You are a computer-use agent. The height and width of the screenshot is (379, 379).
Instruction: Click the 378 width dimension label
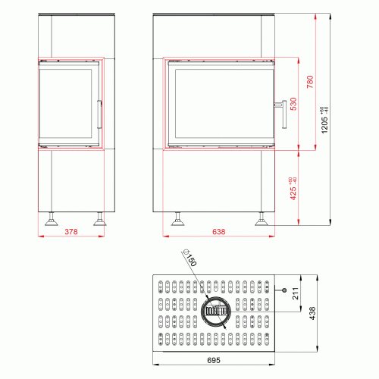click(x=71, y=232)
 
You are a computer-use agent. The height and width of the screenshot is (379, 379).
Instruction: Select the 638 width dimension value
click(x=218, y=232)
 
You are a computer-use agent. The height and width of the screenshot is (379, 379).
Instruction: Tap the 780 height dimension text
click(x=310, y=82)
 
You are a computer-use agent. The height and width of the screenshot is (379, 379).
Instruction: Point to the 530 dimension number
click(x=293, y=104)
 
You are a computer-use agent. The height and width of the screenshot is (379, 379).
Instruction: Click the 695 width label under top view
click(x=214, y=360)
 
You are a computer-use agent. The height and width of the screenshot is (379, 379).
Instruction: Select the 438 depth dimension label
click(x=312, y=313)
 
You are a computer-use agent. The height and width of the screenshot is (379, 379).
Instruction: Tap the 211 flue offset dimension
click(x=296, y=293)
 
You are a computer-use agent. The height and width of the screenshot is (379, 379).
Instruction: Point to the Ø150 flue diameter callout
click(x=189, y=258)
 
